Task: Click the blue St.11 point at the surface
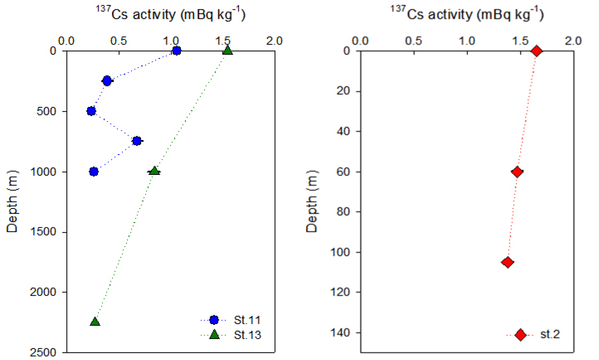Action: click(x=176, y=51)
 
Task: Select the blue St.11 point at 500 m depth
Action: click(x=91, y=111)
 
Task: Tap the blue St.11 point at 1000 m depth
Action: click(x=94, y=172)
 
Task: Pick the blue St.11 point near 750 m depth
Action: click(x=137, y=141)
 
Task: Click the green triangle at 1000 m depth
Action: click(x=155, y=171)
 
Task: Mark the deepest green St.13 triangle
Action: click(x=95, y=322)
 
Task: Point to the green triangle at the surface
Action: click(x=228, y=50)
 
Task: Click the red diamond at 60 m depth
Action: click(x=517, y=172)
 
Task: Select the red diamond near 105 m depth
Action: click(x=508, y=262)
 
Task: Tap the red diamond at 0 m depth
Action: click(x=537, y=51)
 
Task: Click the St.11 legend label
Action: click(x=247, y=320)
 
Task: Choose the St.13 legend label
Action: click(x=247, y=335)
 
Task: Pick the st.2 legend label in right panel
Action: click(x=550, y=334)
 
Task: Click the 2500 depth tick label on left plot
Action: click(x=43, y=353)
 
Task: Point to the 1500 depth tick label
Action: click(x=43, y=232)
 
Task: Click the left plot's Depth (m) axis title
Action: click(x=12, y=201)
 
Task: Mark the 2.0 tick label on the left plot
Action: click(x=274, y=41)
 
